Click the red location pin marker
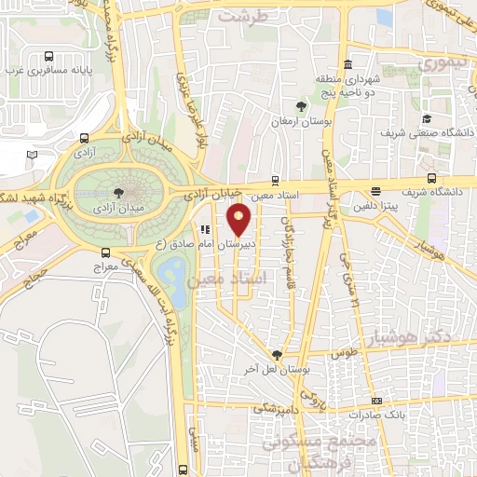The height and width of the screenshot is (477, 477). (x=239, y=219)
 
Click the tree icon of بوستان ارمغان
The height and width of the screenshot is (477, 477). (x=300, y=105)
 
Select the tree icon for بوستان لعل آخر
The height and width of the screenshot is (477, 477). (x=277, y=354)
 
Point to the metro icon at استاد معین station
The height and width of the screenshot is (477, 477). (x=274, y=180)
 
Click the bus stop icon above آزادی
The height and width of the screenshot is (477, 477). (x=86, y=136)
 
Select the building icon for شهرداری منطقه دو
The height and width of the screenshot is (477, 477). (x=347, y=65)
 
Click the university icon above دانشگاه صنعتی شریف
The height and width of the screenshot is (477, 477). (x=427, y=118)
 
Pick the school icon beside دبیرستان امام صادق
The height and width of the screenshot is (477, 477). (x=203, y=229)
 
